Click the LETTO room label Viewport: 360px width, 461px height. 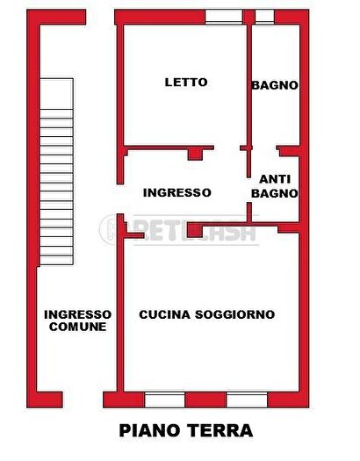186,83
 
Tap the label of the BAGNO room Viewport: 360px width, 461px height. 275,85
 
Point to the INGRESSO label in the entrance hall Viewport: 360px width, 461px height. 176,192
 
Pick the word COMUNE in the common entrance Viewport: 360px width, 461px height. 78,327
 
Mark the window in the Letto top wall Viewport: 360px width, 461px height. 226,17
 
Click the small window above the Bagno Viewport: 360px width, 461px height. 264,17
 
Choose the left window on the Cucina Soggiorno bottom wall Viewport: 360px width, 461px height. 164,400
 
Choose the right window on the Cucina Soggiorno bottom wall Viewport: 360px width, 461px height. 247,400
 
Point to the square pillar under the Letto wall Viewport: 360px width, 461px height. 195,155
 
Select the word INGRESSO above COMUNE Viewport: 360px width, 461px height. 78,313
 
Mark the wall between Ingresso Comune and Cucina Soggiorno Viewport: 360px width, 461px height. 120,316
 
